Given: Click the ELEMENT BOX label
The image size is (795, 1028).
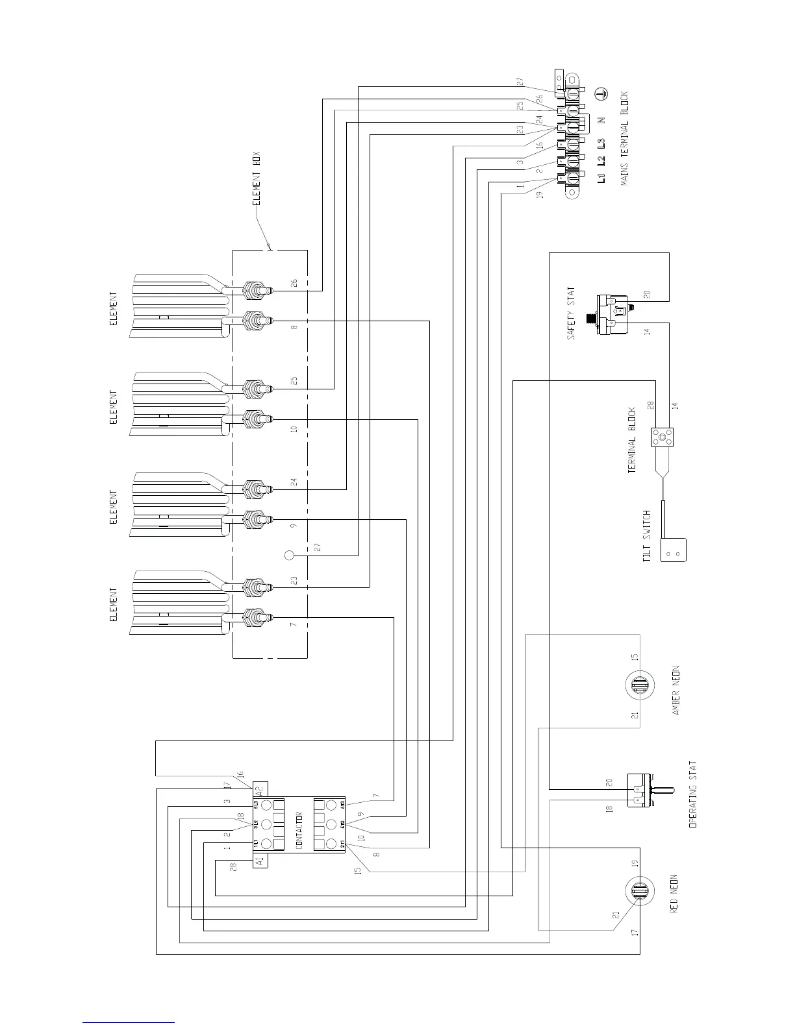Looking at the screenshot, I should point(257,179).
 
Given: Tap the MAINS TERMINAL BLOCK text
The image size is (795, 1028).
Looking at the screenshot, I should point(624,139).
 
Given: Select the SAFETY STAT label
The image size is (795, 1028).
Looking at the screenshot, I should point(571,313).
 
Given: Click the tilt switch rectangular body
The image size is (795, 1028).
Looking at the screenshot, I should point(674,550).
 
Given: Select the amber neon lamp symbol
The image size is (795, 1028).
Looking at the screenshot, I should point(638,685).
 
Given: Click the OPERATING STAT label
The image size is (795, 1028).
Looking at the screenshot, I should point(692,794).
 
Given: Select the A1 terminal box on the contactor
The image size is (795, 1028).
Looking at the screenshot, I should point(260,861).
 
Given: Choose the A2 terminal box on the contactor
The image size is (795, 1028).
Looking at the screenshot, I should point(260,790).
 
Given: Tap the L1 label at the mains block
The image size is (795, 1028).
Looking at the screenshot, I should point(601,177).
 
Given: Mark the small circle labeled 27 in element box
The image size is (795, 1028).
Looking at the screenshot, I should point(290,556).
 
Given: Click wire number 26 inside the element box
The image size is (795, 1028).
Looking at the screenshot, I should point(294,283).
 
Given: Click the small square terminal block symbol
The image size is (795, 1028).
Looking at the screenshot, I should point(662,438).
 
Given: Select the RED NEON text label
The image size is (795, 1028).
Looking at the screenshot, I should point(674,894).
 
